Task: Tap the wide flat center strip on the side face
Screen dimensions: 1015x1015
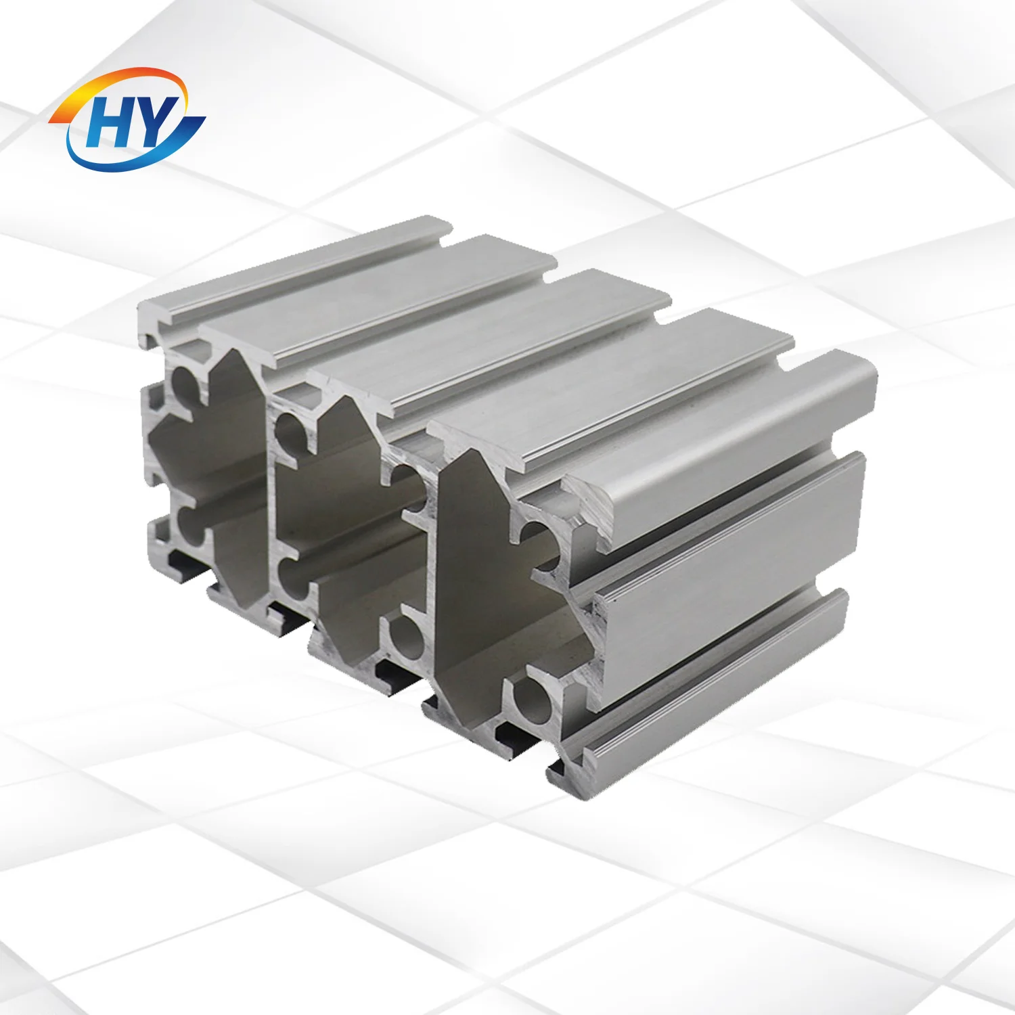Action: pos(731,548)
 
